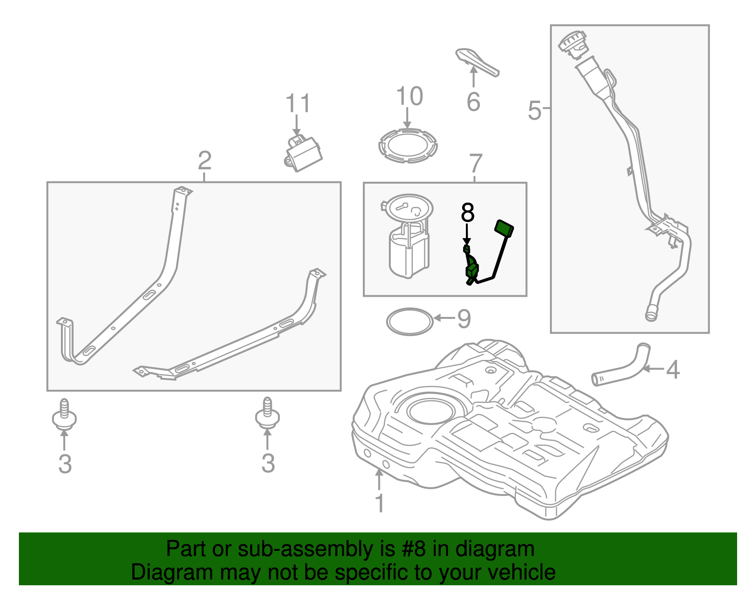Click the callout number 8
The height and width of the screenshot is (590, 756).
click(467, 213)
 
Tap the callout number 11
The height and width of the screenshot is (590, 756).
click(298, 103)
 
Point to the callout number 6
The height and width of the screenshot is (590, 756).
click(473, 102)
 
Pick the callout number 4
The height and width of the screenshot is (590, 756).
click(673, 369)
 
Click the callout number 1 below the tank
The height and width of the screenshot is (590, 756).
click(380, 503)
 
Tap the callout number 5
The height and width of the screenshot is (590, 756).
click(534, 111)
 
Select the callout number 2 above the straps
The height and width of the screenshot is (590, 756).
click(205, 160)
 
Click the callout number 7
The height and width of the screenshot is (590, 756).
click(476, 163)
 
